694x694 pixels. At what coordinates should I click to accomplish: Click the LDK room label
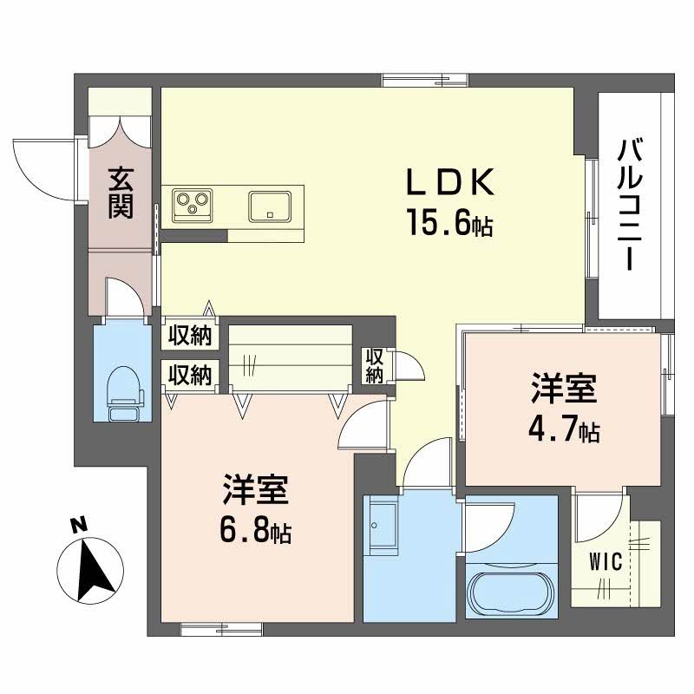451,184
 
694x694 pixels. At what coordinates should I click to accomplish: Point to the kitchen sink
270,207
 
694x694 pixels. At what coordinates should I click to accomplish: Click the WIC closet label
606,561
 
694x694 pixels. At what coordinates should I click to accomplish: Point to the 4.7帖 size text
565,430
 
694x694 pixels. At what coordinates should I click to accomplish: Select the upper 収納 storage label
190,335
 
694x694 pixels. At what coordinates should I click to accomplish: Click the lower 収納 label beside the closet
190,375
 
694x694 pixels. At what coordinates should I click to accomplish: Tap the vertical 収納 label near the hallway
374,365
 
